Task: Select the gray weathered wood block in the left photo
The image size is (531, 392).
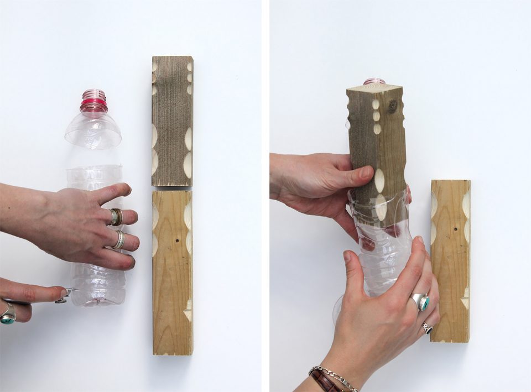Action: click(172, 121)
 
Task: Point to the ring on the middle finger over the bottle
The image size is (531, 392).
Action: click(116, 216)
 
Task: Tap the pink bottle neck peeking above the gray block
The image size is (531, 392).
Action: click(374, 81)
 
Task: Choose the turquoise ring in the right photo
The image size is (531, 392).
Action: click(421, 301)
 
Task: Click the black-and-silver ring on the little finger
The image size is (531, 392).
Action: click(428, 328)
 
